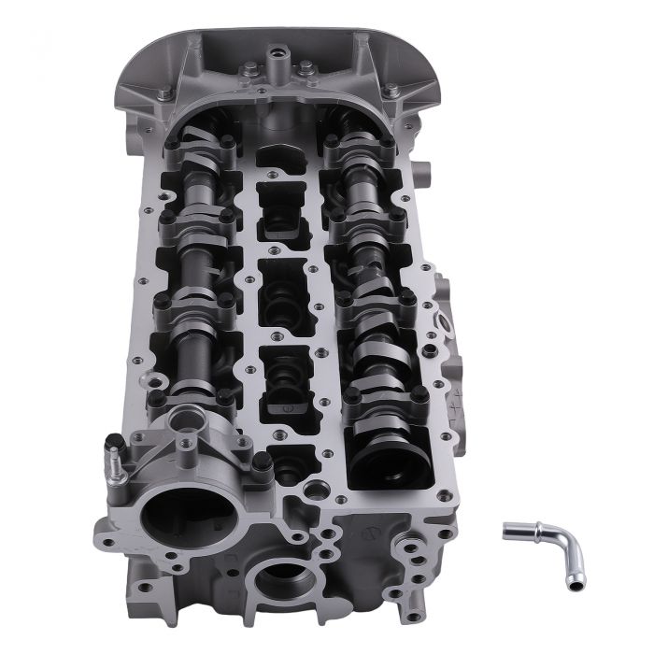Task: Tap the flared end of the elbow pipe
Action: (509, 531)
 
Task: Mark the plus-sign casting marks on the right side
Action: (456, 406)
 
